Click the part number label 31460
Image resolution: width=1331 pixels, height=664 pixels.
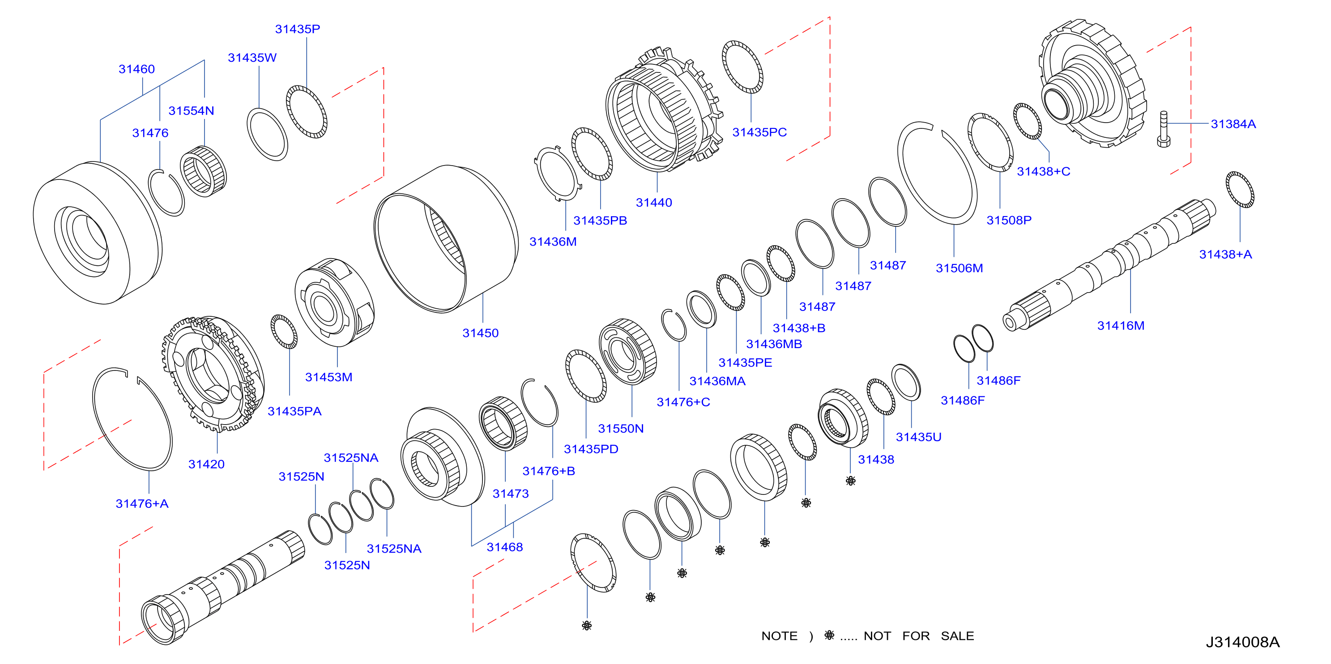point(137,69)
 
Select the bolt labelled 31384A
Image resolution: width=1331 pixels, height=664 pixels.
point(1164,129)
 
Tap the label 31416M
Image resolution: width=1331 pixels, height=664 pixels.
point(1121,326)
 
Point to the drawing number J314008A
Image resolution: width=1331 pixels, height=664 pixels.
point(1243,642)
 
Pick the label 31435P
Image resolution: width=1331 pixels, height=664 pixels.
point(297,29)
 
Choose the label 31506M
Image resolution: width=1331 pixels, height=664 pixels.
point(959,268)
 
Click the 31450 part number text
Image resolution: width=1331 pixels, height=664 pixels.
point(480,333)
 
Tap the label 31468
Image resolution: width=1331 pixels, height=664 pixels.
point(504,547)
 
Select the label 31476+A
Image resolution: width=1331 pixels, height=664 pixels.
point(141,503)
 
